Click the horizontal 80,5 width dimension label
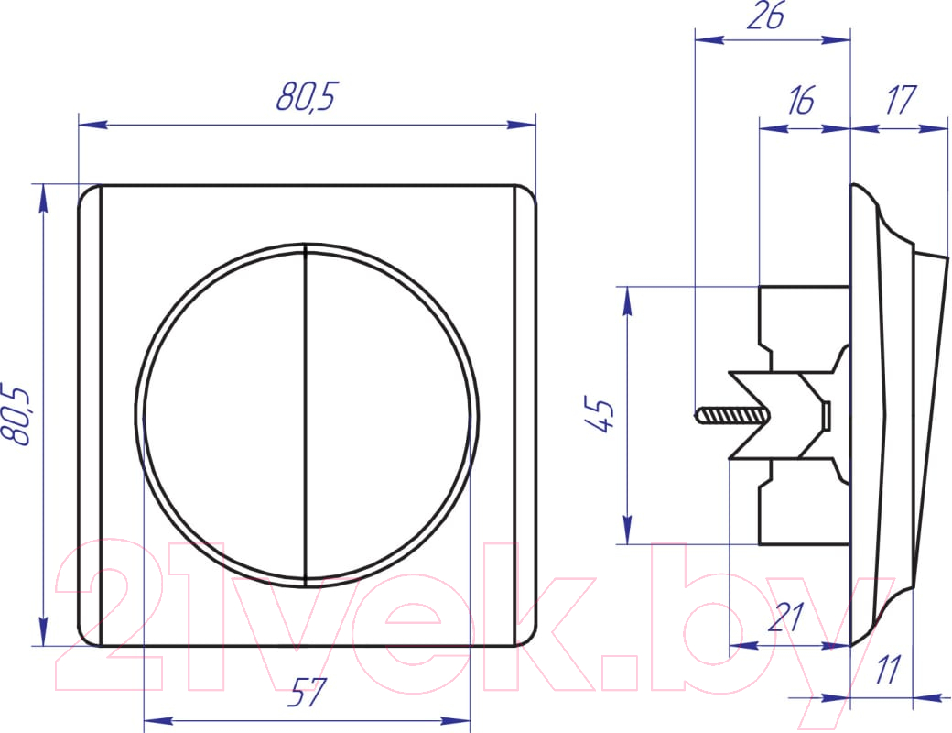(x=306, y=96)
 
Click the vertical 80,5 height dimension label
(x=16, y=415)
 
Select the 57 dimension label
(x=307, y=693)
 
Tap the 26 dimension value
(x=765, y=16)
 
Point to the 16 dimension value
(x=801, y=100)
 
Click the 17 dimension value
(x=900, y=100)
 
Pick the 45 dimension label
(x=601, y=416)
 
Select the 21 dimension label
(x=785, y=617)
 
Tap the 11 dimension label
(x=887, y=670)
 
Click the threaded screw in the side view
(x=730, y=416)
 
